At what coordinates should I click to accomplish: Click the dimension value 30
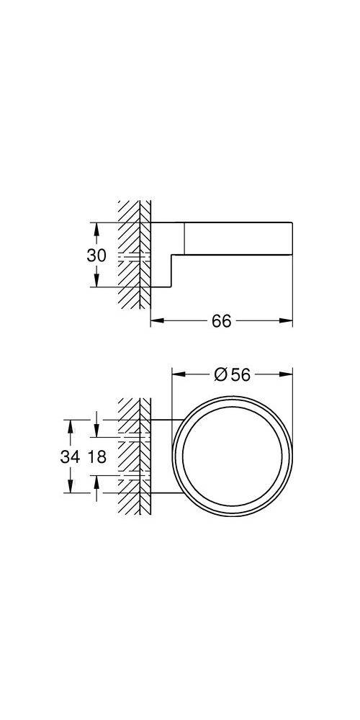(x=97, y=255)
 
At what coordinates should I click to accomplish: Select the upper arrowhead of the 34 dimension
(x=71, y=425)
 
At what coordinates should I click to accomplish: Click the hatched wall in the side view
(x=133, y=238)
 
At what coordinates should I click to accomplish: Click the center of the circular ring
(x=232, y=456)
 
